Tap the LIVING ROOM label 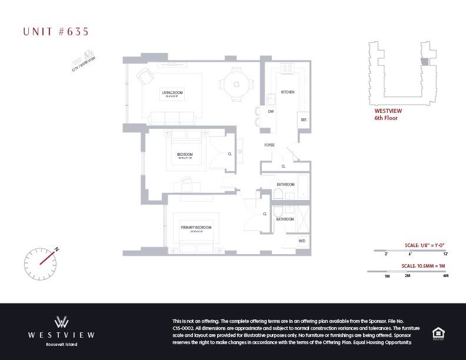tap(172, 93)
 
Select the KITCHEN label tap(287, 92)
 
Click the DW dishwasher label tap(271, 111)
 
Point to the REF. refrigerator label tap(304, 120)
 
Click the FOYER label tap(269, 145)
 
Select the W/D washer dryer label tap(302, 241)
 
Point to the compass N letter tap(57, 249)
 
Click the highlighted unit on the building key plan tap(424, 62)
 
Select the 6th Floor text tap(386, 118)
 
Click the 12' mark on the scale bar tap(445, 254)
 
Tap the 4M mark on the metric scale tap(445, 275)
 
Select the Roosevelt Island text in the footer tap(61, 344)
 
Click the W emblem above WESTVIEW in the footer tap(61, 322)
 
